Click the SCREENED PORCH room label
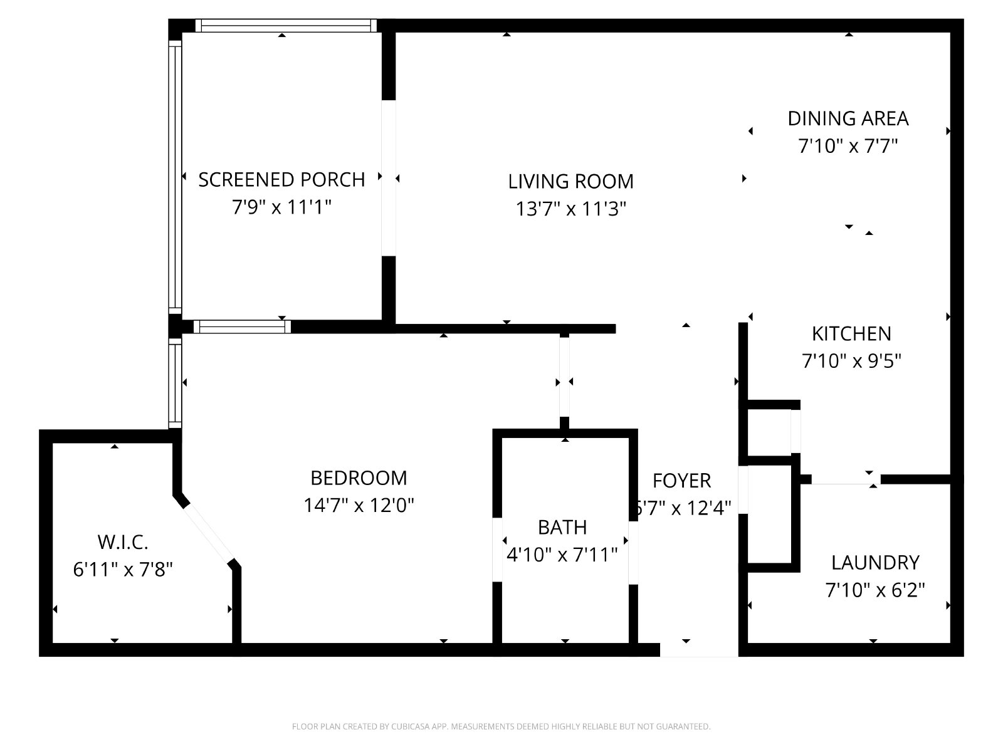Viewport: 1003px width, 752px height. pos(281,180)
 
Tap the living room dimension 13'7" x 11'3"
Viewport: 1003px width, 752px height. pos(570,209)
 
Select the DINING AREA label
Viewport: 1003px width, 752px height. pos(848,118)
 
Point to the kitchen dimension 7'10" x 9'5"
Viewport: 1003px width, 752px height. pos(851,362)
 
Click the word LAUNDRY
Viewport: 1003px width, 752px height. pos(875,563)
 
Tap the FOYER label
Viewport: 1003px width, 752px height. pos(681,481)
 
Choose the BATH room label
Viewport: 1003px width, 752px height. pos(562,528)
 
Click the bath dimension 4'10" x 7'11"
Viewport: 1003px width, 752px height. pos(562,555)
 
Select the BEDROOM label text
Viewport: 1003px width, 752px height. pos(359,478)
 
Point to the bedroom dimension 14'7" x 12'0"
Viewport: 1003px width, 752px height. pos(359,505)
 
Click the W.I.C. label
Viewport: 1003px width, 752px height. pos(123,542)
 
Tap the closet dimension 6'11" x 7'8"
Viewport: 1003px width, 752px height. pos(123,570)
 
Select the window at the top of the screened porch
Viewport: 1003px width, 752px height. pos(285,26)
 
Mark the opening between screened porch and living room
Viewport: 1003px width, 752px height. pos(389,178)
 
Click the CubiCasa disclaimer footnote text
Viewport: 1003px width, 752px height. pos(501,727)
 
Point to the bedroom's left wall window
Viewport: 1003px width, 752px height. pos(175,382)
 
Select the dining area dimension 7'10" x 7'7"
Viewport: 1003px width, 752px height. pos(848,147)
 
